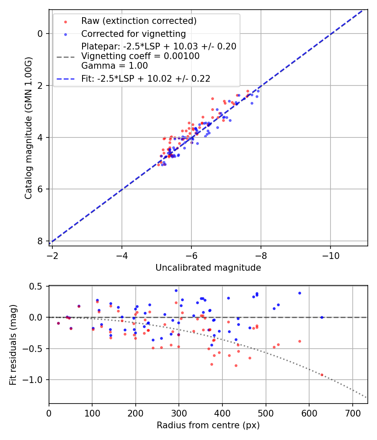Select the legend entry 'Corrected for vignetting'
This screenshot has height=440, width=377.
pos(134,34)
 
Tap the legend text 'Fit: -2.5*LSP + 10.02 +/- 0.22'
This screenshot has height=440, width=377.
pos(146,78)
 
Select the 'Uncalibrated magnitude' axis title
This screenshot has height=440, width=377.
pos(208,268)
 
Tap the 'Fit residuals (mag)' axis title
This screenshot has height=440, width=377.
pos(13,345)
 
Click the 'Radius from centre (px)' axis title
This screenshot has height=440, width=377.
pos(208,425)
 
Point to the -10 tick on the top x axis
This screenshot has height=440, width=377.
pos(330,254)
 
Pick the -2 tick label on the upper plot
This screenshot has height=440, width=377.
pos(52,254)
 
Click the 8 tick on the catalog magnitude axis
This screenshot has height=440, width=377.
pos(40,241)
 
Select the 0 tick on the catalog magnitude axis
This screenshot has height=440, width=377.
pos(40,34)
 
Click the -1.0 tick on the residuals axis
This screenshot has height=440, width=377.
pos(35,380)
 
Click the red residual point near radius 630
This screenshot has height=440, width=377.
pos(322,375)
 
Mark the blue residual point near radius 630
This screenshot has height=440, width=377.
pos(322,317)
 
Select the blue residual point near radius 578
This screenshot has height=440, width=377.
pos(300,293)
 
